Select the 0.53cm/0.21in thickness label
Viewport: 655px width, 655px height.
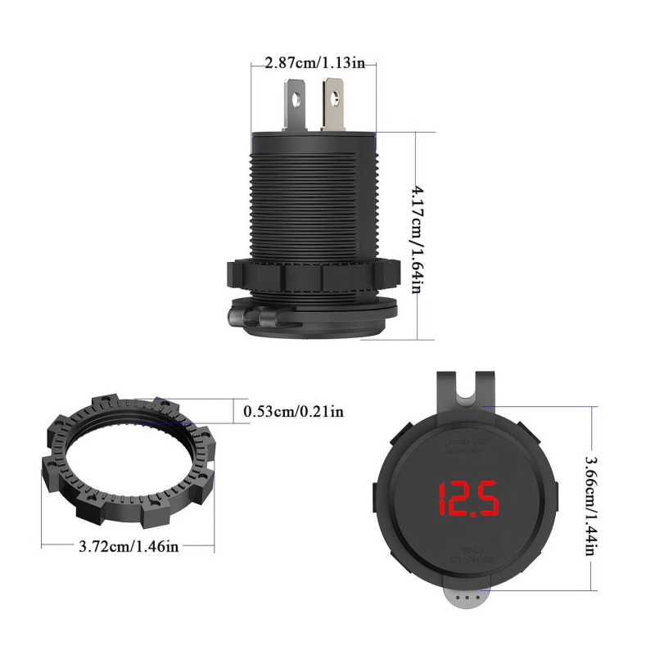point(293,411)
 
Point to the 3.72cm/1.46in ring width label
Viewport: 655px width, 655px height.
point(129,546)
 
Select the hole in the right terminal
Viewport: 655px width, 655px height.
point(334,100)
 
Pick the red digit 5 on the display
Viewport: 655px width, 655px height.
point(488,499)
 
